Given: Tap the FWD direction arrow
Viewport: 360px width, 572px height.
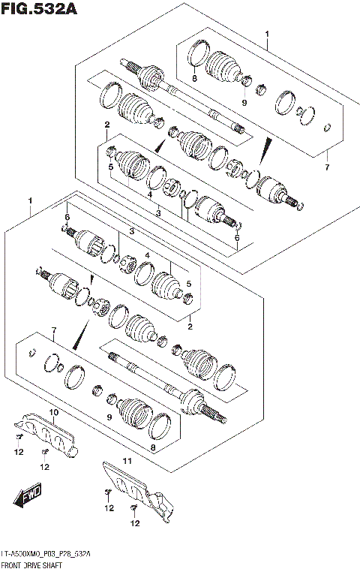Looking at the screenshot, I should coord(30,495).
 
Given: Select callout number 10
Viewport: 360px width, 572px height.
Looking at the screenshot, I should coord(53,413).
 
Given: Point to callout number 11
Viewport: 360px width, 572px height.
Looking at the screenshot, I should coord(127,460).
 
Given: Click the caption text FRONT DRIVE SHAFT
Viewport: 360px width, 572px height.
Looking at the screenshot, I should coord(35,563).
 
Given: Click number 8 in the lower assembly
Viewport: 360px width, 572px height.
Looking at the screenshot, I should coord(153,448).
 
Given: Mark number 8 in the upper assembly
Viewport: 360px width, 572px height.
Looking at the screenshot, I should coord(193,78).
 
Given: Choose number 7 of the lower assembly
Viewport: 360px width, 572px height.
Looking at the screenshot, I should coord(53,331).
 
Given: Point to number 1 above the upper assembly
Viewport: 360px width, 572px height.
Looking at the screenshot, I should coord(266,34).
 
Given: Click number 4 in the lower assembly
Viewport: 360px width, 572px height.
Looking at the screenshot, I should coord(147,256).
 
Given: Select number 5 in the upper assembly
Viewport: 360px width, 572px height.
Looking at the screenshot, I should coord(109,167).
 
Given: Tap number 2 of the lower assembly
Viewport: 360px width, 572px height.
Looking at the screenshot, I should coord(190,327).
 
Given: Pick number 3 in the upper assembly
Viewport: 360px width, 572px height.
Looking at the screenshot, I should coord(158,214).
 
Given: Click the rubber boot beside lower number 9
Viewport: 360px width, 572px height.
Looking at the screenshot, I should coord(136,411).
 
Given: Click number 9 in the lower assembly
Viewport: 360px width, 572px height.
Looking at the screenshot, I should coord(109,417).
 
